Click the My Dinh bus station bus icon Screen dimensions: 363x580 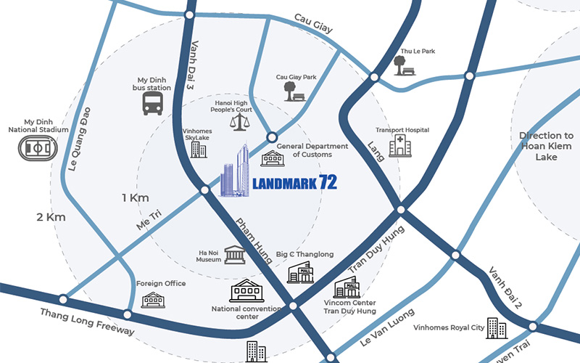[153, 104]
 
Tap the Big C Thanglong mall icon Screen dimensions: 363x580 [299, 272]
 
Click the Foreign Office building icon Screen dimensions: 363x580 [153, 299]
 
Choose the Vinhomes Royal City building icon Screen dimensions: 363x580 [497, 327]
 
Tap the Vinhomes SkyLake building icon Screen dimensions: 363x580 [197, 150]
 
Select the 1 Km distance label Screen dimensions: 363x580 [135, 197]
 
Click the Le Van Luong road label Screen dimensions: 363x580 [386, 327]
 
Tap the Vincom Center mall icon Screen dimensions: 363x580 [345, 289]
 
